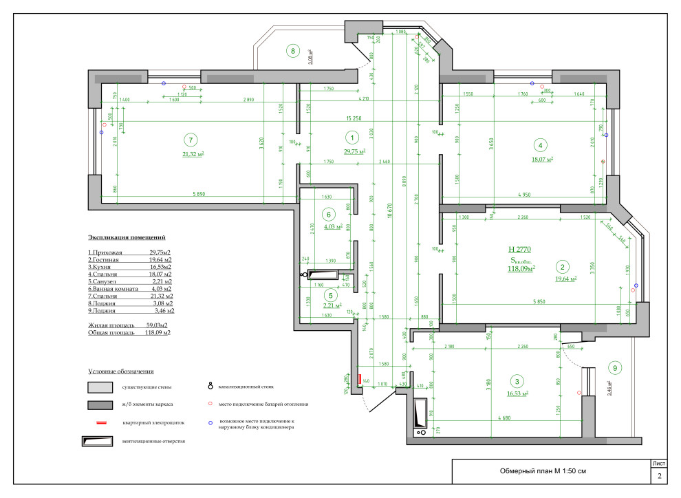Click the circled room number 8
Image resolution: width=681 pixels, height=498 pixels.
click(293, 51)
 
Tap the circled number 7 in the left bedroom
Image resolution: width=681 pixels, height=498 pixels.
click(191, 140)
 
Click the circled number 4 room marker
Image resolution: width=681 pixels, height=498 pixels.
click(541, 145)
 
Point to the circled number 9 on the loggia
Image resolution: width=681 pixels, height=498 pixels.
click(615, 368)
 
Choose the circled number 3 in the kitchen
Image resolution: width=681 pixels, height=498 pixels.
click(517, 381)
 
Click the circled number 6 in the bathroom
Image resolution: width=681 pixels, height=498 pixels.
click(329, 214)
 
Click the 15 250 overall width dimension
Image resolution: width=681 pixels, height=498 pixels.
click(354, 118)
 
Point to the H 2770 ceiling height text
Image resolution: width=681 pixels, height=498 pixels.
click(519, 249)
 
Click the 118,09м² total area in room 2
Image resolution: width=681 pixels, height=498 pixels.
click(522, 270)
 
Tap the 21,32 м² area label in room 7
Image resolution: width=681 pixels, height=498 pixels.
click(193, 155)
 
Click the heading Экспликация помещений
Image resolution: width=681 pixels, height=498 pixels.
click(127, 237)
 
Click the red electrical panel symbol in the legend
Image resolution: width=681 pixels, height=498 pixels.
click(100, 423)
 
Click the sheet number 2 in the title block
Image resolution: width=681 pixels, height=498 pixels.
click(660, 476)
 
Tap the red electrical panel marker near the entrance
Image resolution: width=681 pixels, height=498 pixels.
click(359, 378)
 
